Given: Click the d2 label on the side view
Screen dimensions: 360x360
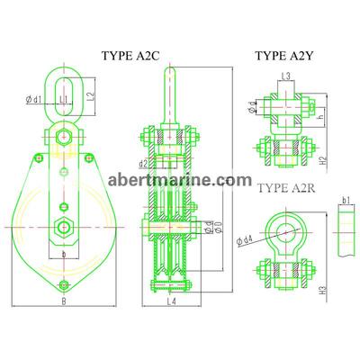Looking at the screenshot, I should pos(143,164).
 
